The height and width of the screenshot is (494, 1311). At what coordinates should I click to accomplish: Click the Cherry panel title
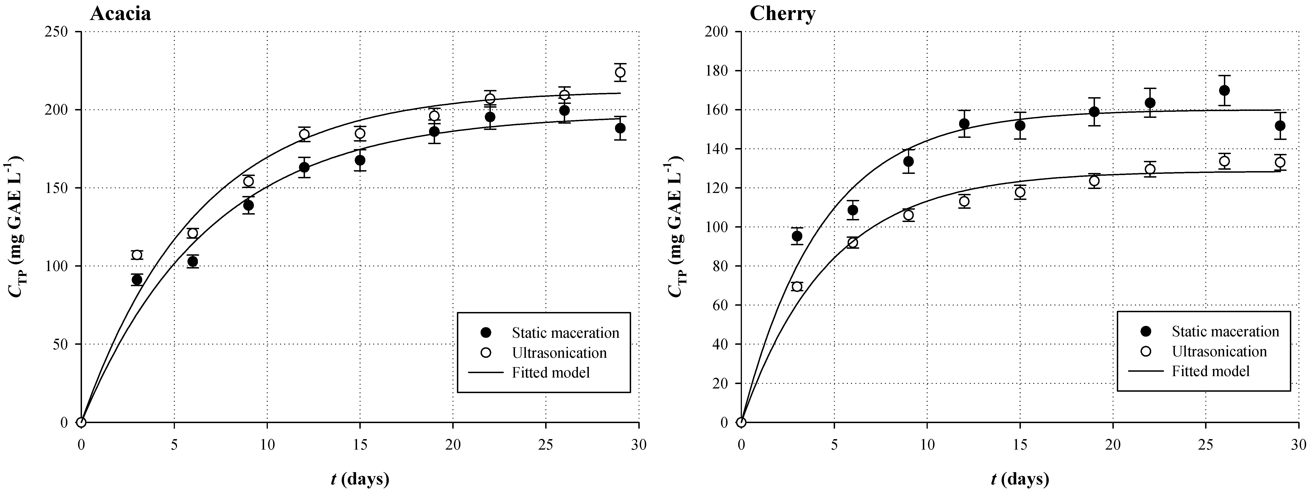coord(782,14)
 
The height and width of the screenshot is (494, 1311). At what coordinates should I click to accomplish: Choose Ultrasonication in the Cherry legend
coord(1219,351)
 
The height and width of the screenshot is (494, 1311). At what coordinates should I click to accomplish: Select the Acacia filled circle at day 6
coord(192,261)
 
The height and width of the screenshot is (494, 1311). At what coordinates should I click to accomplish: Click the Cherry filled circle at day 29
coord(1280,126)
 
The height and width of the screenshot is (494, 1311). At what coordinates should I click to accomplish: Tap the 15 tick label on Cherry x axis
coord(1020,444)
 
